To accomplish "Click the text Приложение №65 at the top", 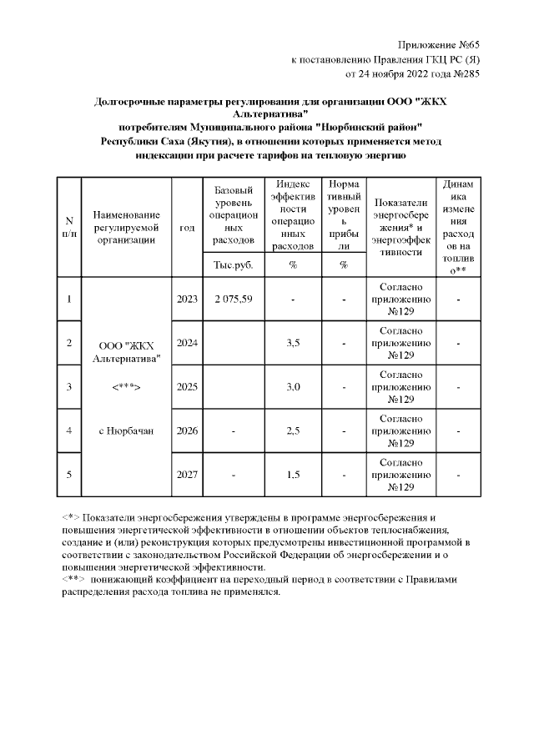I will point(439,44).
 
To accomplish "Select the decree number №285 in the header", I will point(464,73).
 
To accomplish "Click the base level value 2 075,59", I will point(234,299).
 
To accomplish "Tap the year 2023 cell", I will point(188,299).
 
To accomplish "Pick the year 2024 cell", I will point(188,343).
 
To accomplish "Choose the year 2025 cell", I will point(188,387).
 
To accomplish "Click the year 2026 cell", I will point(188,430).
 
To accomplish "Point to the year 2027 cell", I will point(188,475).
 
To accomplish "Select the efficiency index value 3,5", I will point(293,343).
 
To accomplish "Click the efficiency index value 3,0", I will point(293,387).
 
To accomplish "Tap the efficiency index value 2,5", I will point(293,430).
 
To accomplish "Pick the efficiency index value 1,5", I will point(293,475).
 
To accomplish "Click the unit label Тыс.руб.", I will point(234,265).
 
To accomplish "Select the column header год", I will point(188,227).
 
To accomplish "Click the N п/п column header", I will point(69,227).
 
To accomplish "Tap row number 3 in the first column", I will point(69,387).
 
